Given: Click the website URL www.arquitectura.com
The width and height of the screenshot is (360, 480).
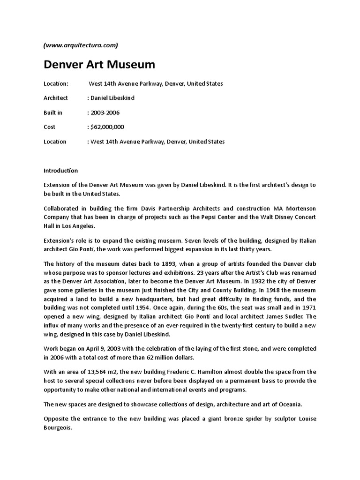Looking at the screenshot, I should click(81, 45).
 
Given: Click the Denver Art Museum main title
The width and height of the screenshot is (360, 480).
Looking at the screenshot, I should click(99, 64).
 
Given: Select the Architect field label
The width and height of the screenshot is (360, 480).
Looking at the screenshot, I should click(56, 98).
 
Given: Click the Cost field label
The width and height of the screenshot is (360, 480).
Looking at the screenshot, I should click(49, 127).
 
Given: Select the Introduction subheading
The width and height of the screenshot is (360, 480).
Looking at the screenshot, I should click(61, 171).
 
